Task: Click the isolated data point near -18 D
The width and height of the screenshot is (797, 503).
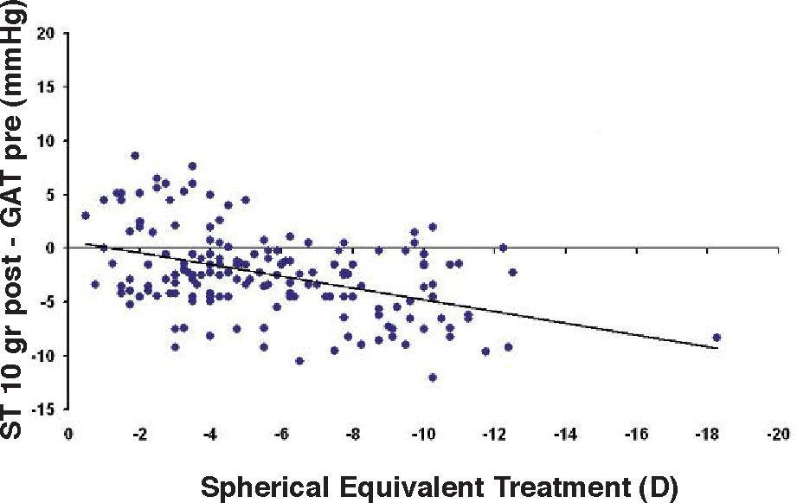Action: (717, 338)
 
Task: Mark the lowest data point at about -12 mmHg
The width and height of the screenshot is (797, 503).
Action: (433, 377)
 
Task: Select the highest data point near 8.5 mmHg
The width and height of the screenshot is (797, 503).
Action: (135, 156)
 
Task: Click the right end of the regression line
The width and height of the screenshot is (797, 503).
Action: (718, 348)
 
